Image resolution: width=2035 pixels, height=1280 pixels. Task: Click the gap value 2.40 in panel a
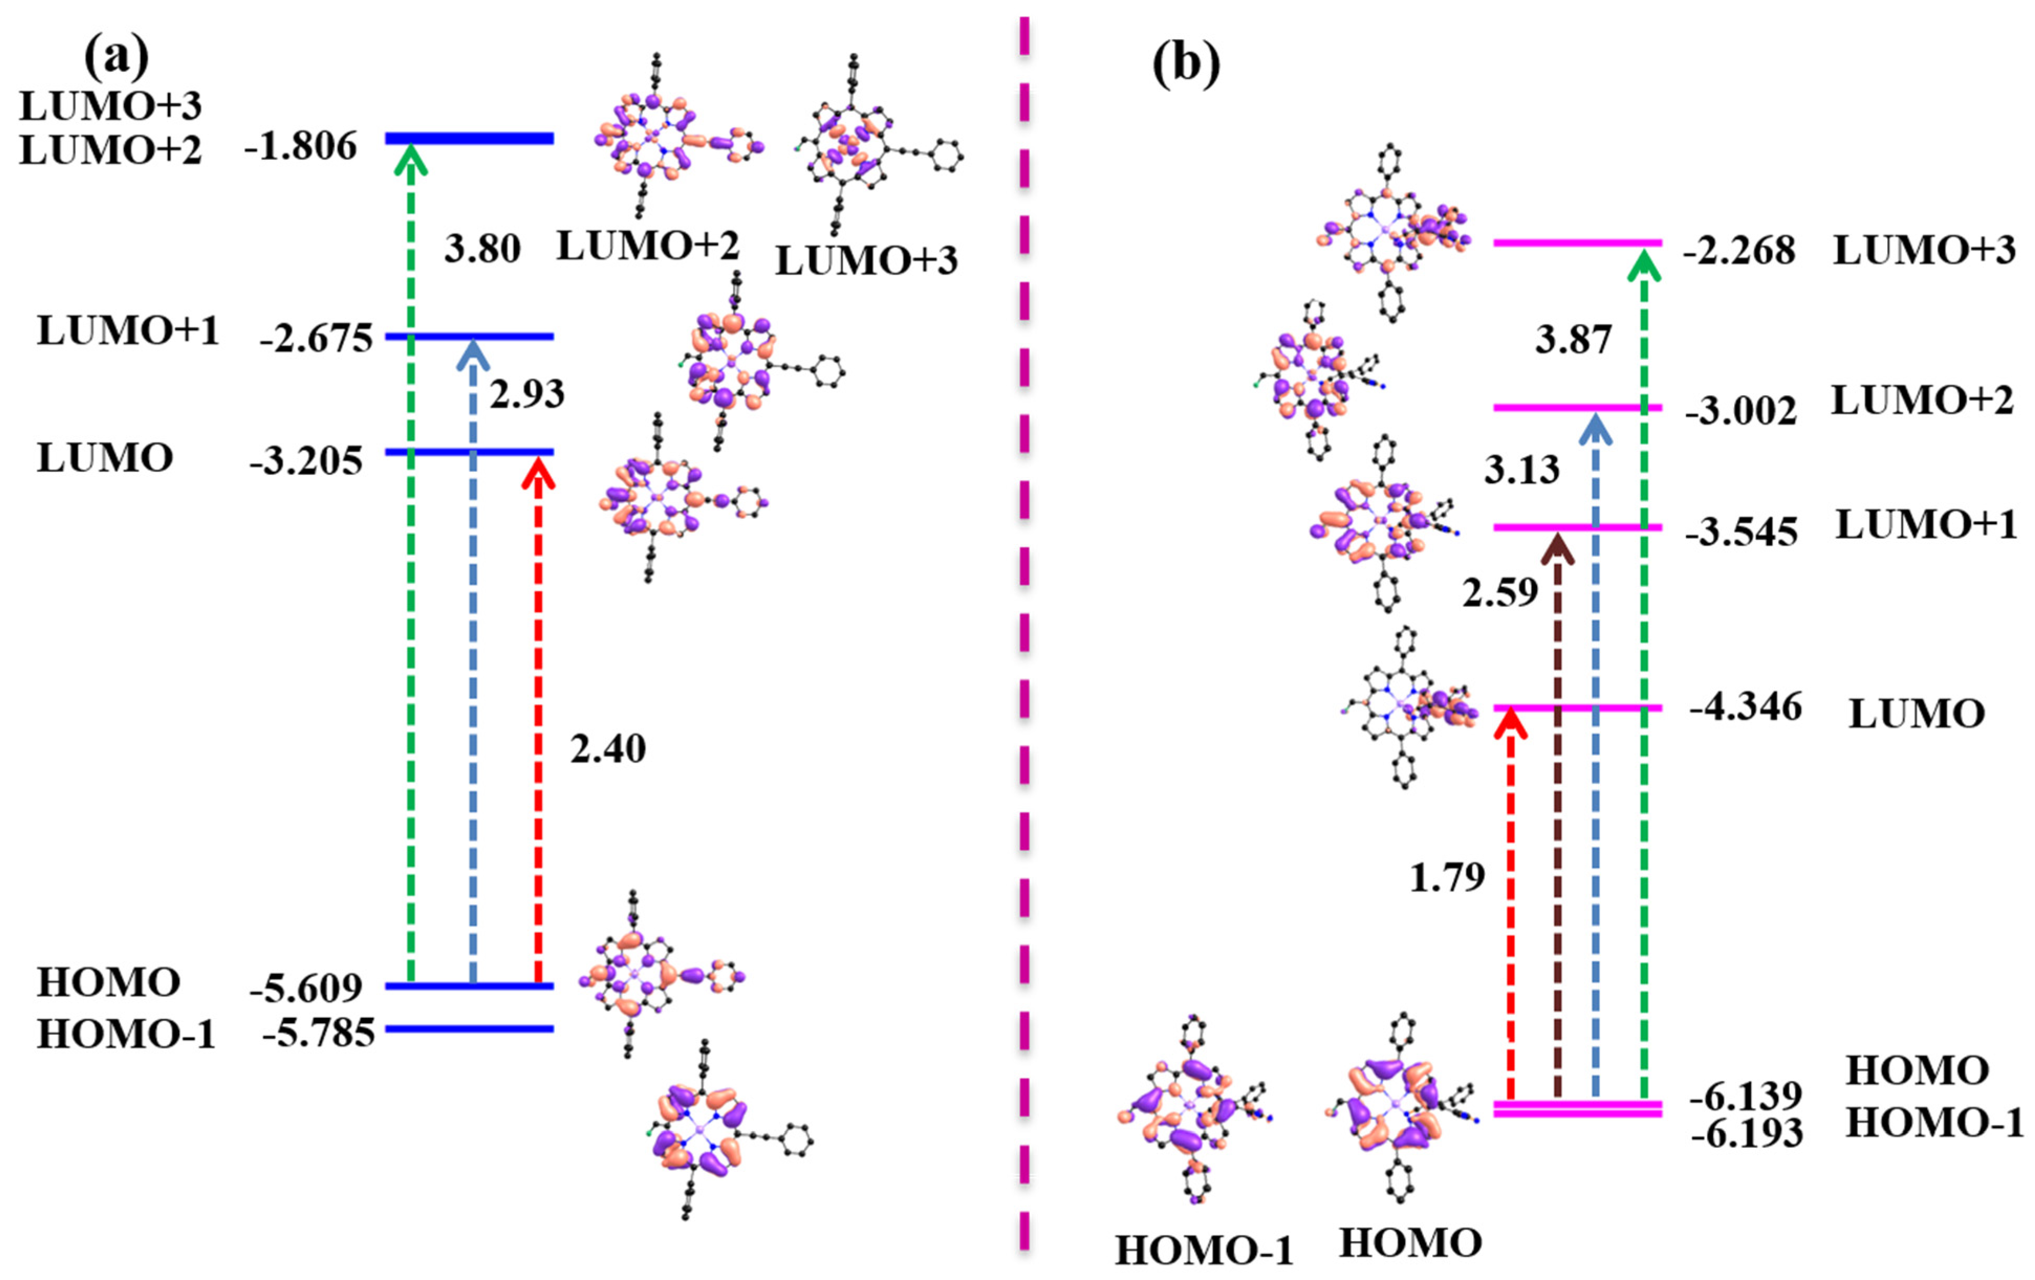point(607,748)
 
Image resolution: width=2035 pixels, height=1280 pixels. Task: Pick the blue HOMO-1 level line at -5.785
point(469,1029)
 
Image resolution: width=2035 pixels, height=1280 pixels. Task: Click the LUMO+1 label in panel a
point(127,331)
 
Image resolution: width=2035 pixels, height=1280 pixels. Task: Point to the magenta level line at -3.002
point(1577,407)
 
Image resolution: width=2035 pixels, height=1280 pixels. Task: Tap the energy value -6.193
point(1747,1133)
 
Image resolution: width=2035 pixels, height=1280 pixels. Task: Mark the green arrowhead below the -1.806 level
point(411,160)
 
